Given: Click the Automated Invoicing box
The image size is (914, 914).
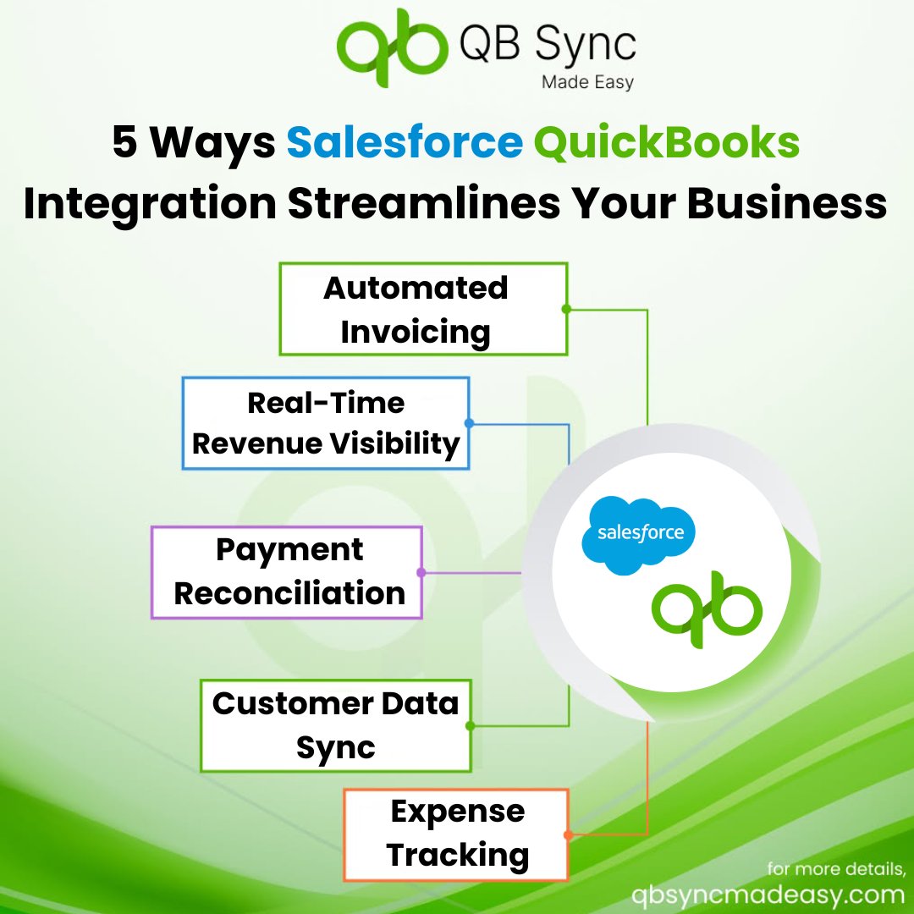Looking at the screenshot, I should click(423, 309).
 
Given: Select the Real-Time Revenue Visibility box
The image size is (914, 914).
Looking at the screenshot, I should click(326, 423).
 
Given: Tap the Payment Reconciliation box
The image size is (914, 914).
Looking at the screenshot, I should click(288, 572).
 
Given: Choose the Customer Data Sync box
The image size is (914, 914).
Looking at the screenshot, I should click(335, 725).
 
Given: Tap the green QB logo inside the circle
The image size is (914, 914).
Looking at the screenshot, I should click(707, 608).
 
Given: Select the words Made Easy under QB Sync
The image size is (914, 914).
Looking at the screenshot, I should click(586, 82).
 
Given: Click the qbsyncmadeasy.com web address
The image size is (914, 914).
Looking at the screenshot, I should click(768, 895).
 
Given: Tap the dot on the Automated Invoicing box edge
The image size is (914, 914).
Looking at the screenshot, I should click(566, 309).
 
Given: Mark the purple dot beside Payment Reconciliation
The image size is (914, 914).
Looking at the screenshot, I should click(421, 573).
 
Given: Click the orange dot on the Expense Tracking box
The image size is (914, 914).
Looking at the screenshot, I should click(568, 835).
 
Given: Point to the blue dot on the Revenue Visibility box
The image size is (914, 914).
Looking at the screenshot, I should click(469, 423).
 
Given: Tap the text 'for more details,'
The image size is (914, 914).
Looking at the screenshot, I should click(836, 869).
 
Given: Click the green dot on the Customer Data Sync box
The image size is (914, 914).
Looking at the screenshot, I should click(471, 725).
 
